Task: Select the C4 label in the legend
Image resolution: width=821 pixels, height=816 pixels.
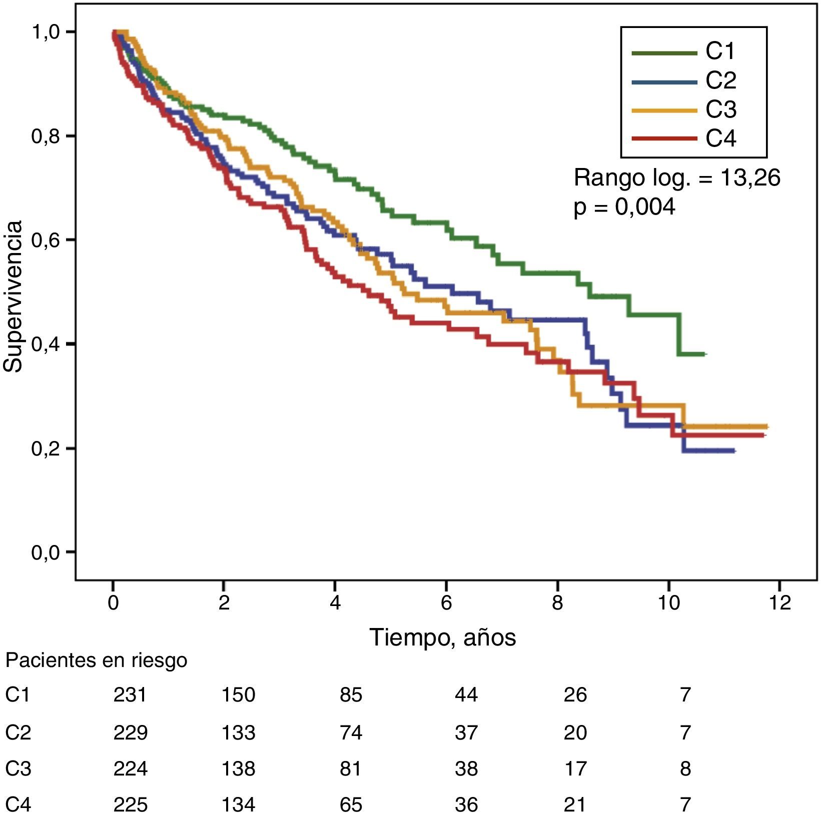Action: pyautogui.click(x=720, y=138)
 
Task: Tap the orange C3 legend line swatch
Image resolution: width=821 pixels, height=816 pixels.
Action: pyautogui.click(x=664, y=110)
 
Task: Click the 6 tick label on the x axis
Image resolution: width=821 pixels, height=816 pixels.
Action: pyautogui.click(x=446, y=602)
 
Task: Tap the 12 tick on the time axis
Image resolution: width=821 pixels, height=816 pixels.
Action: pyautogui.click(x=779, y=602)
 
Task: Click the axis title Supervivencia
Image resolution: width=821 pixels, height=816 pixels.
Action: pyautogui.click(x=14, y=296)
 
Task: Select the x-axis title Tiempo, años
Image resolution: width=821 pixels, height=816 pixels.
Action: pyautogui.click(x=442, y=637)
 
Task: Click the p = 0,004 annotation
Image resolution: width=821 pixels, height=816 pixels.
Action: pyautogui.click(x=624, y=206)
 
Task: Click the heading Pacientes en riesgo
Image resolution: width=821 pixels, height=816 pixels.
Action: pyautogui.click(x=96, y=660)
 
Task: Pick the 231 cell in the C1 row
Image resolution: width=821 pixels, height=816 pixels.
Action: pyautogui.click(x=130, y=694)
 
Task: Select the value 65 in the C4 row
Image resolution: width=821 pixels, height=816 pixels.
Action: pyautogui.click(x=350, y=804)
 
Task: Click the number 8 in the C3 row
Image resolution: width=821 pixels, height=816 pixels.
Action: pyautogui.click(x=685, y=768)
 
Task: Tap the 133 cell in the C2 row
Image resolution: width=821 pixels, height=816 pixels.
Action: pyautogui.click(x=238, y=732)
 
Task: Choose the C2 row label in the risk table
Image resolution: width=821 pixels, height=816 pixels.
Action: pyautogui.click(x=18, y=732)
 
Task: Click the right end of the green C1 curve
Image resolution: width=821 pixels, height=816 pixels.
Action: pyautogui.click(x=704, y=354)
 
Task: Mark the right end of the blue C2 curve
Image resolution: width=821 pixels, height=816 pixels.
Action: pyautogui.click(x=733, y=451)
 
